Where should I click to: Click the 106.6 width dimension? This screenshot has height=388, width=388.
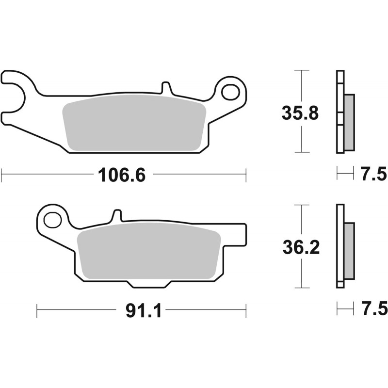(x=122, y=175)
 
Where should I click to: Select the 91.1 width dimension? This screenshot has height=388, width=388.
(x=144, y=310)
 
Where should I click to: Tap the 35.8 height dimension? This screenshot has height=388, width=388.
(x=300, y=113)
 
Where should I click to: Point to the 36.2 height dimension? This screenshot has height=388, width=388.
(x=301, y=247)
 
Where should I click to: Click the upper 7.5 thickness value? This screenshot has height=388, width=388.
(x=373, y=174)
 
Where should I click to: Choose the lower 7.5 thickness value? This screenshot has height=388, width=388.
(x=373, y=308)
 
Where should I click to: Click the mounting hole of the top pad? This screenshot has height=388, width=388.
(x=231, y=92)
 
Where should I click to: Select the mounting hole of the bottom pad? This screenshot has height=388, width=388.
(x=53, y=220)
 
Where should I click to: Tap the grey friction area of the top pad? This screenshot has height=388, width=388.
(x=134, y=123)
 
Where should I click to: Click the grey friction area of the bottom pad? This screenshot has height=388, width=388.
(x=149, y=251)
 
